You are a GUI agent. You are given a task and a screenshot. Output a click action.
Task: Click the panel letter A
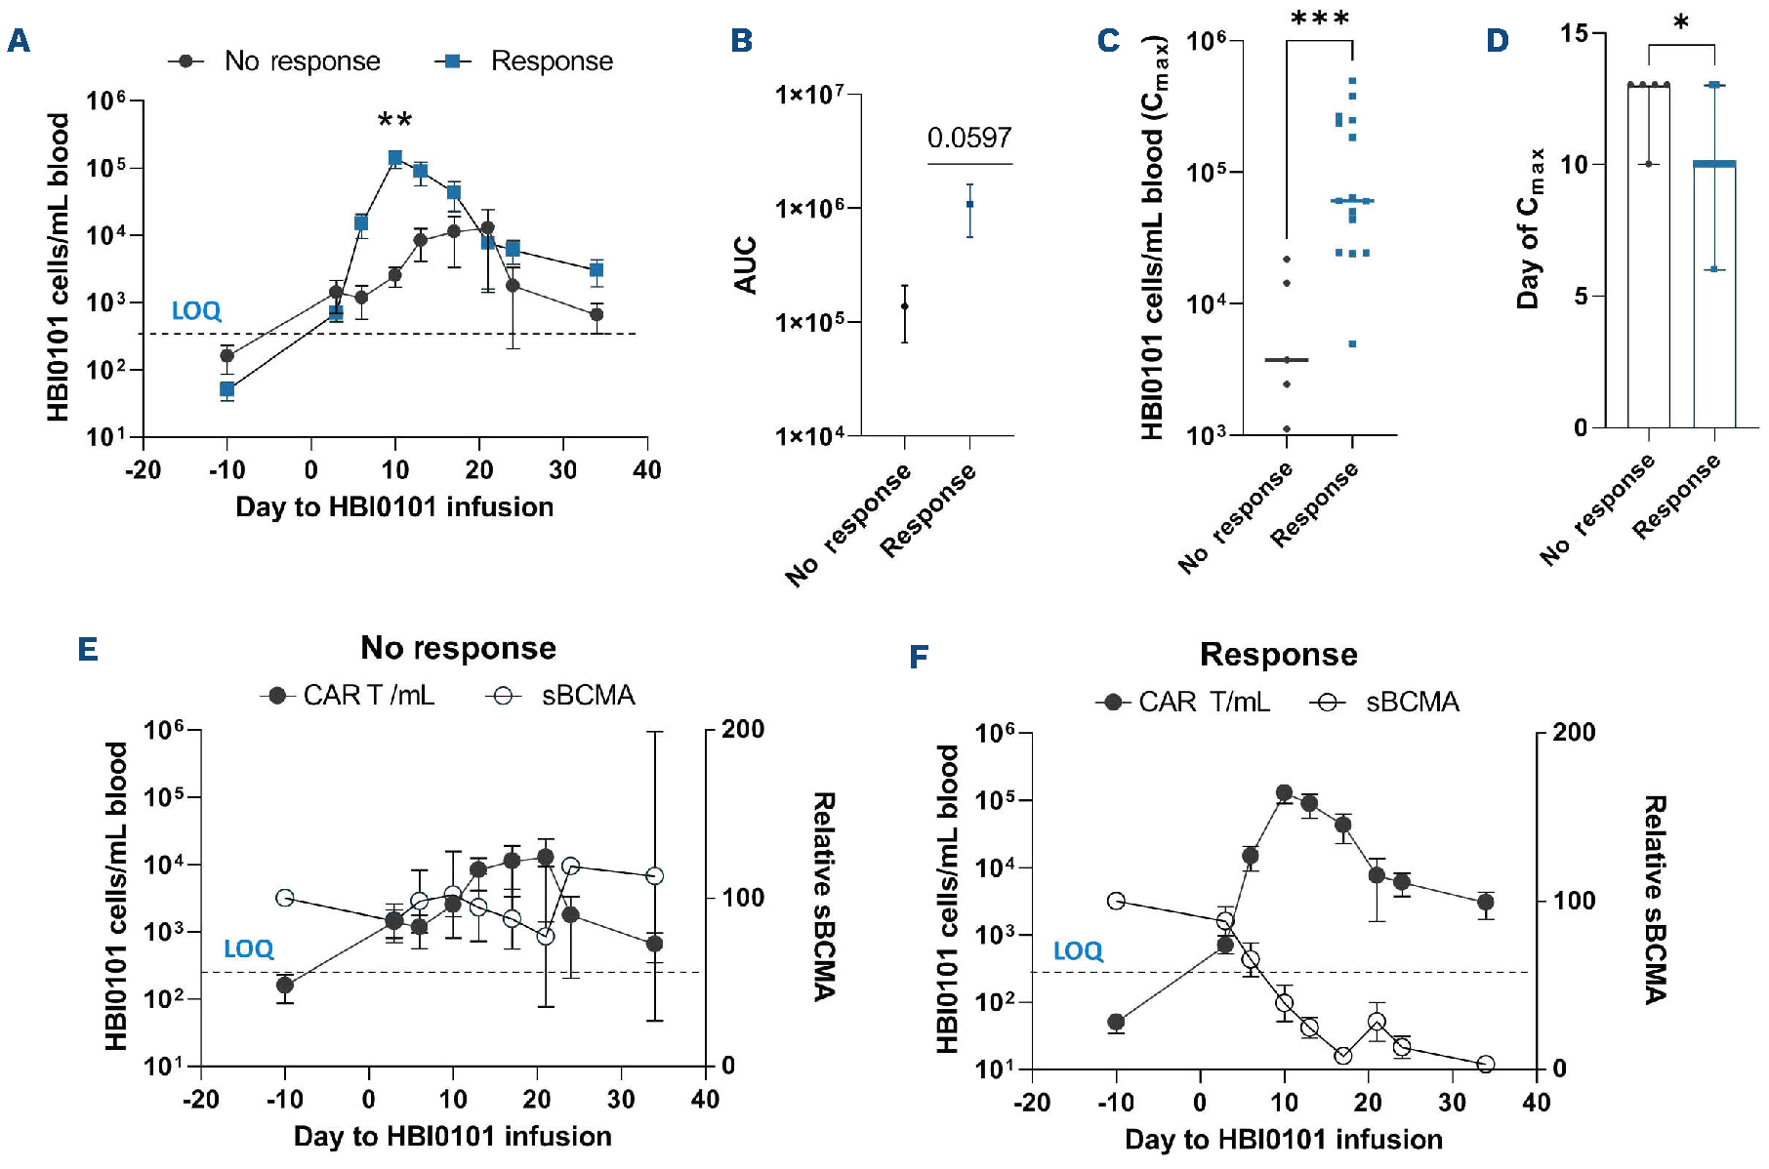pos(19,41)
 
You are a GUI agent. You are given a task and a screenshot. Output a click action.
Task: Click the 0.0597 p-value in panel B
pos(968,139)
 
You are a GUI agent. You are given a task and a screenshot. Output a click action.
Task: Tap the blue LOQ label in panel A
pos(196,311)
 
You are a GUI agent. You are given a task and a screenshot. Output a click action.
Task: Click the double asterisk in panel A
pos(395,120)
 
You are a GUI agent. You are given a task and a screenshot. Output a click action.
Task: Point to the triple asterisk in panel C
pos(1320,20)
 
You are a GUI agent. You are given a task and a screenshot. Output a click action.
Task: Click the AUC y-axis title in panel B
pos(746,264)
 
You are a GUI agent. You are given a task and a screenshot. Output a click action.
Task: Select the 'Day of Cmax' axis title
pos(1529,228)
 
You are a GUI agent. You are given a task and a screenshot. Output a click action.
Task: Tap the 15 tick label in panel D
pos(1574,33)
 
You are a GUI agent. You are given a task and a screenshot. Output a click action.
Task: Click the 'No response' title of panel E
pos(458,648)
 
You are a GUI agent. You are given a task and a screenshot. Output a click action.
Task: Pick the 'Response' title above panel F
pos(1278,654)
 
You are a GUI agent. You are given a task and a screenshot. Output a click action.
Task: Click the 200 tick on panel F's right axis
pos(1574,732)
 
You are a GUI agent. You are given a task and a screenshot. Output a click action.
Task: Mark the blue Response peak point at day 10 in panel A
pos(395,157)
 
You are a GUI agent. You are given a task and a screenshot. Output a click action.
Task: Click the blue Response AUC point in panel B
pos(969,204)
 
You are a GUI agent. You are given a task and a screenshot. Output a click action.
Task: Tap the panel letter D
pos(1497,41)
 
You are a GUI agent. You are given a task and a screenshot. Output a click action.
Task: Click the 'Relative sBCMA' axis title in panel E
pos(824,896)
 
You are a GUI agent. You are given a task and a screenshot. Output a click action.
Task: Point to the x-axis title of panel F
pos(1283,1139)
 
